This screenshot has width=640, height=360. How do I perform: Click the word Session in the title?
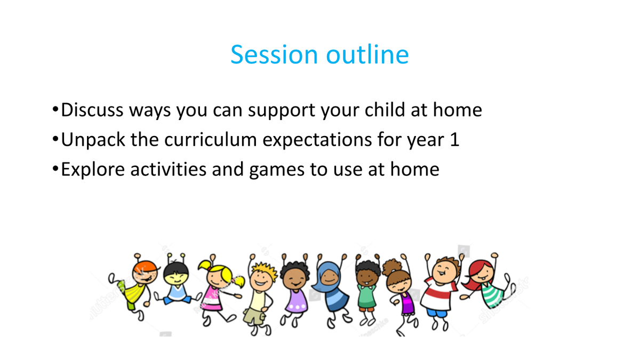tap(274, 54)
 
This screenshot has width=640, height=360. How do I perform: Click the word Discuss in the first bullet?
tap(92, 110)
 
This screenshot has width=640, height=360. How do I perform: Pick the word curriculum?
tap(211, 139)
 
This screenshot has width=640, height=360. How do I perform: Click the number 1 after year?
tap(454, 140)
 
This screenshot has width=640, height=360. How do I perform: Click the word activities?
tap(169, 169)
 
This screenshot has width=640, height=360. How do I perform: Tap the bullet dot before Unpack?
tap(55, 139)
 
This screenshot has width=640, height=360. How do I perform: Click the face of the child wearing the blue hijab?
tap(330, 277)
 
